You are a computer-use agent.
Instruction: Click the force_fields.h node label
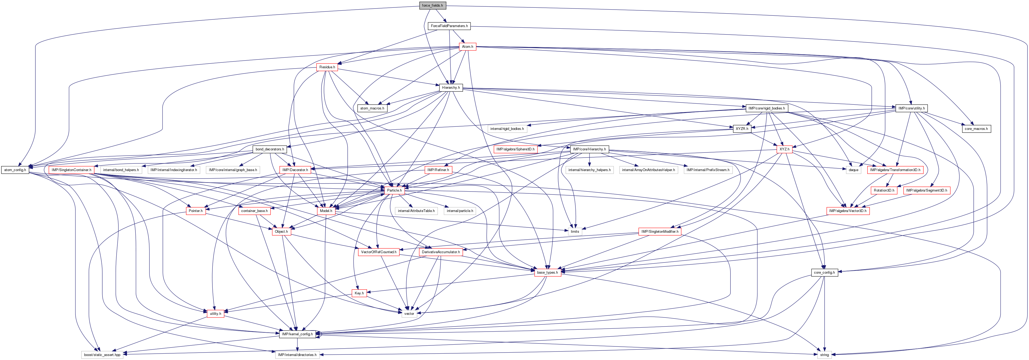[x=432, y=6]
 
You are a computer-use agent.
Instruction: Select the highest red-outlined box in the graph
[x=467, y=47]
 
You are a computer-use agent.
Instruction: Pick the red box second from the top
[x=327, y=67]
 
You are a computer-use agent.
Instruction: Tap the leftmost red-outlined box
[x=71, y=170]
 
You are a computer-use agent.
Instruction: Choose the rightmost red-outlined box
[x=927, y=190]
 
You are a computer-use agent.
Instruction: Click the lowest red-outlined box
[x=215, y=314]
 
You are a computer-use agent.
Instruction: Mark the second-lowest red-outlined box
[x=359, y=293]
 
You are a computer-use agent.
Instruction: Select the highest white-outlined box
[x=507, y=129]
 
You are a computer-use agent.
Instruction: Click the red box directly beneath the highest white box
[x=515, y=149]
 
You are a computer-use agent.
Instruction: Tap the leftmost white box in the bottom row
[x=102, y=355]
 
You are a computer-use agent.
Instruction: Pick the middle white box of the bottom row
[x=297, y=355]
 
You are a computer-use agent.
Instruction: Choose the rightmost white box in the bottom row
[x=825, y=355]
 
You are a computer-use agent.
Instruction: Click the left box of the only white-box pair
[x=416, y=211]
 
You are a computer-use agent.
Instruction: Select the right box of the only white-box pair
[x=460, y=211]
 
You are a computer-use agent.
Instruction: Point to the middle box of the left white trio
[x=174, y=170]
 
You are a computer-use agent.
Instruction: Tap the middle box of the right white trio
[x=648, y=170]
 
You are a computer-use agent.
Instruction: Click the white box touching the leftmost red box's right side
[x=121, y=170]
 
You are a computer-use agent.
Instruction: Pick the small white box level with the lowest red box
[x=409, y=314]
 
